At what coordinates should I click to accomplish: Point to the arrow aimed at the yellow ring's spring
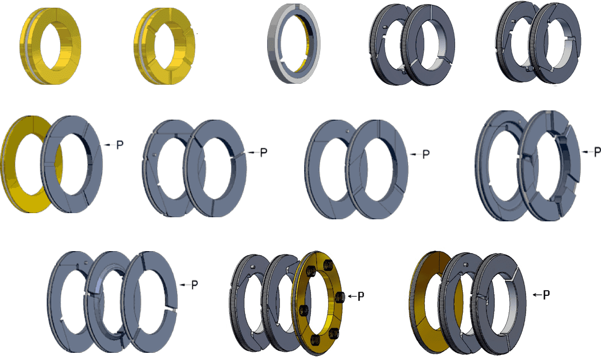(x=351, y=296)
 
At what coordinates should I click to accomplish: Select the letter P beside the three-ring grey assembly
(x=195, y=285)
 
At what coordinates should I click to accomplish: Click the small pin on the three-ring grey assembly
(x=84, y=265)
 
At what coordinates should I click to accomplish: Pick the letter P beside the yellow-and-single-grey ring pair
(x=120, y=145)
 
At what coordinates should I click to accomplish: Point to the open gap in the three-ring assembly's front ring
(x=170, y=310)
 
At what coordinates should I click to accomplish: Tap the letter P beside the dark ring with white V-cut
(x=547, y=295)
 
